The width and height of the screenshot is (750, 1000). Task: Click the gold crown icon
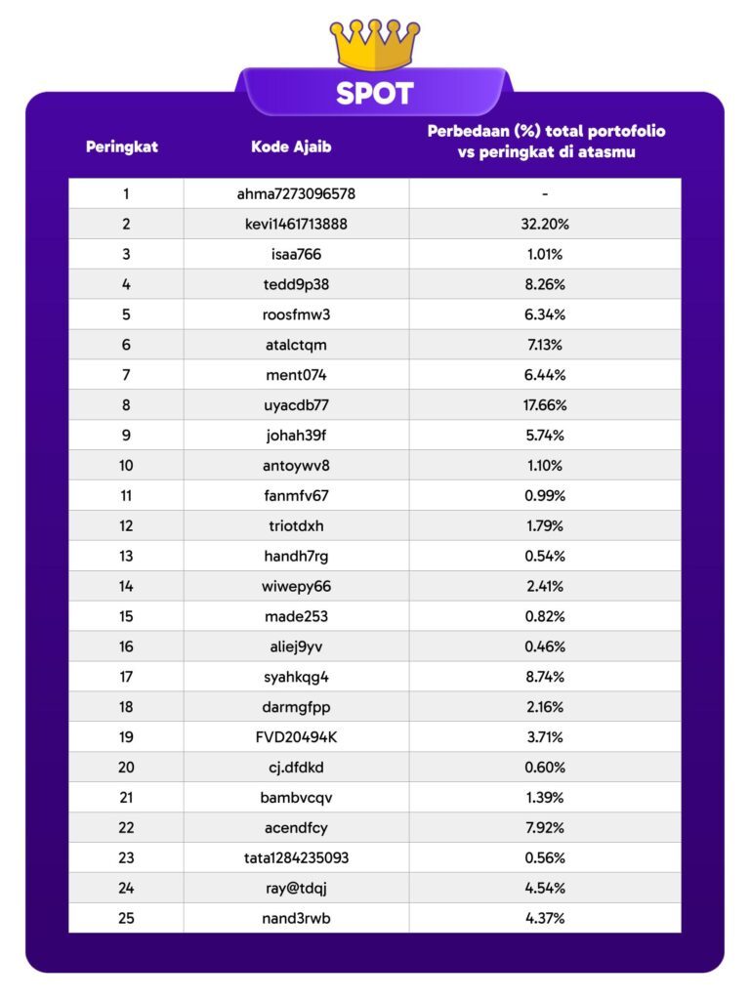click(x=375, y=44)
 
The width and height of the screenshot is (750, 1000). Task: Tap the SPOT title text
click(x=375, y=94)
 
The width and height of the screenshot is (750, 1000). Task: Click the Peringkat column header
click(x=122, y=147)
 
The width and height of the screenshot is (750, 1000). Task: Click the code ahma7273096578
click(x=296, y=193)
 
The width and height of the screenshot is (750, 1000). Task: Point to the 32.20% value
click(x=545, y=224)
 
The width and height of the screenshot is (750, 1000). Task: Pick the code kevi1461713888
click(x=296, y=224)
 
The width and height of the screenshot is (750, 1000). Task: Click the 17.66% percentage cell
click(x=545, y=405)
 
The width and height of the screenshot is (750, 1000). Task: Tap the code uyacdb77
click(x=296, y=405)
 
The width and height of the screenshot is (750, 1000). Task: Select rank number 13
click(x=126, y=556)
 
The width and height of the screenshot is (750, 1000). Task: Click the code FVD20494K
click(x=296, y=737)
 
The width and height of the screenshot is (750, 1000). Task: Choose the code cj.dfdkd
click(x=296, y=768)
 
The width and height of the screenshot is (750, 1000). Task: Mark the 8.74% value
click(x=545, y=677)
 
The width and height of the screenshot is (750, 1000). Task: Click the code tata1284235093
click(x=296, y=858)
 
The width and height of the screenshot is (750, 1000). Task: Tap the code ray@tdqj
click(x=296, y=889)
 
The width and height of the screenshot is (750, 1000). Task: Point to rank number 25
click(x=126, y=919)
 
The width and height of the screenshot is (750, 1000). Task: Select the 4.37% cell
click(x=545, y=919)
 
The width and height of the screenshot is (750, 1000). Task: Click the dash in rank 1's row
click(x=545, y=193)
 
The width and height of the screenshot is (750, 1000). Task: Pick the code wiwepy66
click(x=296, y=586)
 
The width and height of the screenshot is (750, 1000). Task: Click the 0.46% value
click(x=545, y=646)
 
